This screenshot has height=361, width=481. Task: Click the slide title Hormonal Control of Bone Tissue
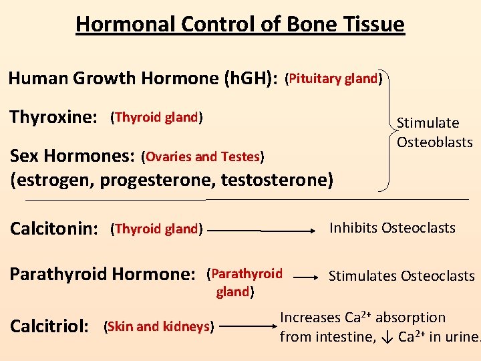coord(240,25)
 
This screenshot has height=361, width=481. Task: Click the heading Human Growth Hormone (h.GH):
coord(143,79)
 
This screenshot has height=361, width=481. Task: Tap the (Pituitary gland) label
coord(333,79)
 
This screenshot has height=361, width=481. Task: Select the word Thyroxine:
coord(53,118)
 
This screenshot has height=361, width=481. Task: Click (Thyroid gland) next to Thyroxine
coord(157,118)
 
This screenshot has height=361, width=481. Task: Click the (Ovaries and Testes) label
coord(203,157)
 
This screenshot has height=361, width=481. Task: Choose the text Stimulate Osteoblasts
coord(434,132)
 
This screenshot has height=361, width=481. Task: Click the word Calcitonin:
coord(54,229)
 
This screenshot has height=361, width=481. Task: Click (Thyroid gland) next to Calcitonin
coord(157,229)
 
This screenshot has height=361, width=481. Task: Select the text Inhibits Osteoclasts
coord(392,228)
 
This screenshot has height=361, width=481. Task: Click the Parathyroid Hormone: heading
coord(102,274)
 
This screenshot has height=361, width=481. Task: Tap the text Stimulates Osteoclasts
coord(402,276)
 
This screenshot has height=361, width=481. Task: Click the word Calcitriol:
coord(51,327)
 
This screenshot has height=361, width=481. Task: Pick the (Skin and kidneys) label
coord(159,327)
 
